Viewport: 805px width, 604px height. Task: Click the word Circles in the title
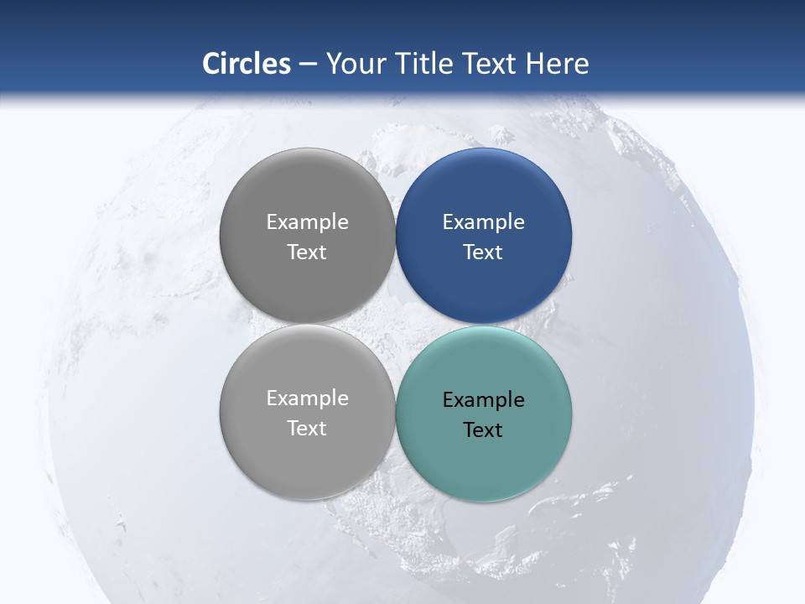tap(247, 64)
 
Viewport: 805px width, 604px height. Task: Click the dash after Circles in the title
tap(308, 65)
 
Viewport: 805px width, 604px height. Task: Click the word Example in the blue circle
tap(484, 222)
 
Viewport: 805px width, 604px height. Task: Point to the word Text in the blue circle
tap(483, 253)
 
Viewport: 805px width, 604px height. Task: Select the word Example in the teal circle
tap(484, 400)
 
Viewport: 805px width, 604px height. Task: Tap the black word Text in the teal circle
tap(483, 430)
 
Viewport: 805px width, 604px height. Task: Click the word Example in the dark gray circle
tap(308, 222)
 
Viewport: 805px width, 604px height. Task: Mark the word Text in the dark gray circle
tap(307, 253)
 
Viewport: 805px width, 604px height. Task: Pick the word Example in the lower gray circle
tap(308, 398)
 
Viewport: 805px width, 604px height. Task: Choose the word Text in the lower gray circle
tap(307, 429)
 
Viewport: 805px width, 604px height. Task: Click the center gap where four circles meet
tap(396, 325)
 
